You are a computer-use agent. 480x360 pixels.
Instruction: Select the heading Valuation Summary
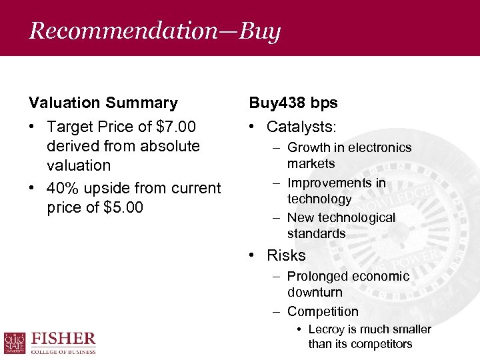click(x=103, y=103)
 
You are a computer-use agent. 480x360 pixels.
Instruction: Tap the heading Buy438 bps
click(x=293, y=103)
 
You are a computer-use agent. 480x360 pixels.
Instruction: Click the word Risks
click(x=286, y=255)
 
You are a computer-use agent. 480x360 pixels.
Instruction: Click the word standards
click(x=317, y=233)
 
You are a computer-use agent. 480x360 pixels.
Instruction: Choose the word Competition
click(x=323, y=311)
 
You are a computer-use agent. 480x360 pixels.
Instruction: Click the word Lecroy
click(x=327, y=329)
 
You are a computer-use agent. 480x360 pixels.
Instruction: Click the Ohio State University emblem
click(x=15, y=343)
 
